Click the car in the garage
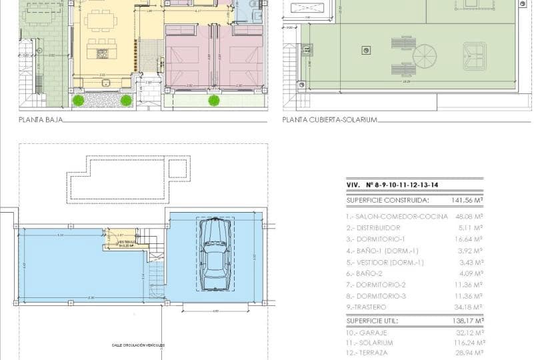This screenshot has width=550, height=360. pyautogui.click(x=215, y=253)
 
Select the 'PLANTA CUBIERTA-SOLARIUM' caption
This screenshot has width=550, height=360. pyautogui.click(x=329, y=120)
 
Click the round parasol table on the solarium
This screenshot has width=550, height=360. pyautogui.click(x=424, y=56)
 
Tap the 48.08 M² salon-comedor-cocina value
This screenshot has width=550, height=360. pyautogui.click(x=468, y=217)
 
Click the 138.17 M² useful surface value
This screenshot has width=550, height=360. pyautogui.click(x=468, y=321)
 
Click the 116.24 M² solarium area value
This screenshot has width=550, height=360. pyautogui.click(x=468, y=343)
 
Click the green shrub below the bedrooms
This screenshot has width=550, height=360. pyautogui.click(x=213, y=101)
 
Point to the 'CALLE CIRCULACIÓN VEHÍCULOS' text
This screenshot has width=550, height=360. pyautogui.click(x=138, y=345)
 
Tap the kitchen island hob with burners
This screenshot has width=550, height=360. pyautogui.click(x=102, y=53)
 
